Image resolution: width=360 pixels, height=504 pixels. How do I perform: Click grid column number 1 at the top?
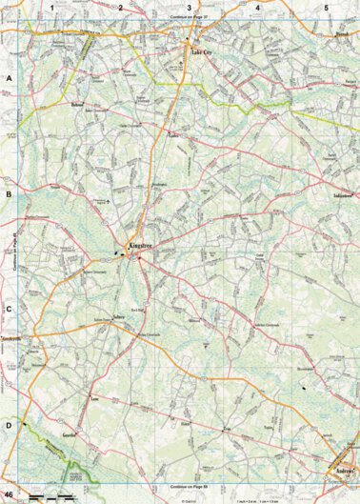[x=53, y=8]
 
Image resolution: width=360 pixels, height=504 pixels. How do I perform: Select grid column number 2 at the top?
[x=121, y=8]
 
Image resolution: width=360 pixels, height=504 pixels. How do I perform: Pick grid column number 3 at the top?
[x=189, y=8]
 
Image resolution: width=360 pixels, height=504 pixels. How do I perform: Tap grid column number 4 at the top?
[x=257, y=8]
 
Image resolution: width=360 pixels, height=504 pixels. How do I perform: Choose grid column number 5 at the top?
[x=326, y=8]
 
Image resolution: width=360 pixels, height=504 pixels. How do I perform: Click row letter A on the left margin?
[x=8, y=77]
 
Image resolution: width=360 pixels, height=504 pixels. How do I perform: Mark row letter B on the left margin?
[x=8, y=193]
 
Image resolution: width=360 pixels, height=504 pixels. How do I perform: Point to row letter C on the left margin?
[x=8, y=310]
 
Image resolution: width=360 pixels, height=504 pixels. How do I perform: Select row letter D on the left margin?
[x=8, y=426]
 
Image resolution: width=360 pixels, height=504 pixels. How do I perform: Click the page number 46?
[x=9, y=495]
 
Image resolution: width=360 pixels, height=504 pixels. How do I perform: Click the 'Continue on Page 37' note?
[x=189, y=17]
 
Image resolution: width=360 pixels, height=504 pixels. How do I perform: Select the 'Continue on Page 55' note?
[x=189, y=487]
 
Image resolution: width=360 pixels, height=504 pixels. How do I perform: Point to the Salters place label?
[x=119, y=317]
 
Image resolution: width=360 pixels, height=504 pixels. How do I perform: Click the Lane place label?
[x=95, y=400]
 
